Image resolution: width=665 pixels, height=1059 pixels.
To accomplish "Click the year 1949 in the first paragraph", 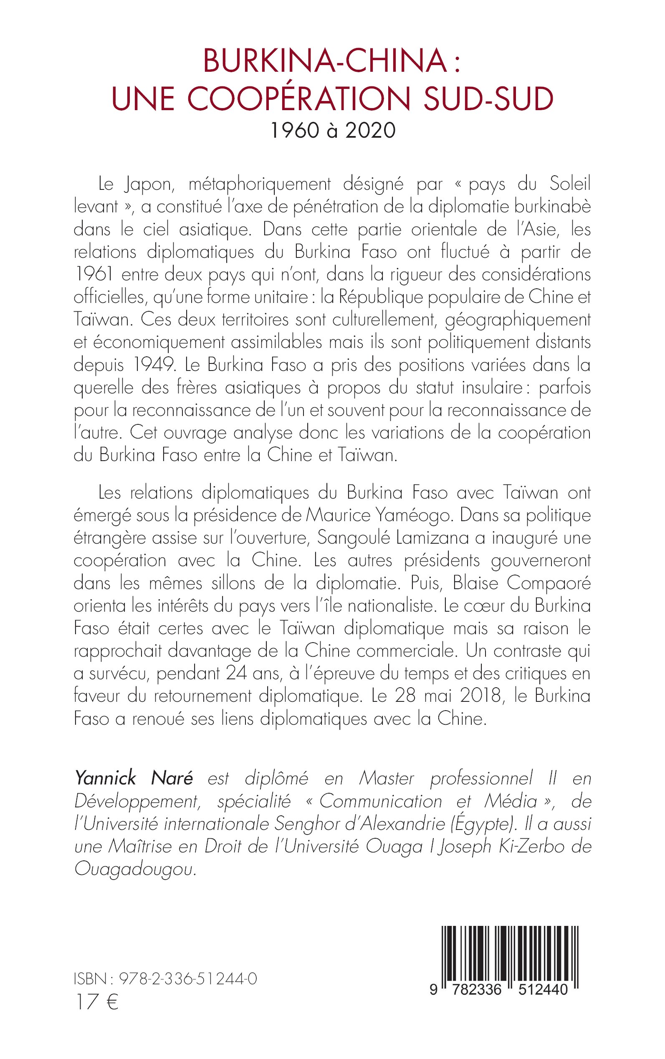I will click(153, 365).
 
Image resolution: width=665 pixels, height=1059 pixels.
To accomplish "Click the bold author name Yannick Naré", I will click(134, 779).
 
